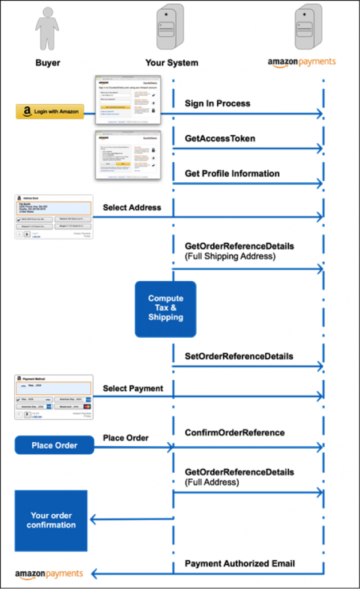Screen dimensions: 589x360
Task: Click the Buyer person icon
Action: (47, 29)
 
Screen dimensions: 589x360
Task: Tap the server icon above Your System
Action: (170, 26)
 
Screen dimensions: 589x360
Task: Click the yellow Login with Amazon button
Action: (50, 112)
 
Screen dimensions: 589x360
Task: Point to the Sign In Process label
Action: (217, 104)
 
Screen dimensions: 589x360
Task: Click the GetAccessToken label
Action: (220, 139)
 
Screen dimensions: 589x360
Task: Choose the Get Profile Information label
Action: (232, 173)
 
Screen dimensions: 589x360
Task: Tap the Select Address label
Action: (132, 207)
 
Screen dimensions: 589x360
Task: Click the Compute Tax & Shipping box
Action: (166, 308)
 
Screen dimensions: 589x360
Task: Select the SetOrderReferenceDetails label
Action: (239, 356)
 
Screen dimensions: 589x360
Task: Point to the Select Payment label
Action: (133, 388)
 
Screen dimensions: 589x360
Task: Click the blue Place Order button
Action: (55, 445)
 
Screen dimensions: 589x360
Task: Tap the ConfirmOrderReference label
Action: (234, 432)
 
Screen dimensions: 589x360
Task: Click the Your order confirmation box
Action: (51, 520)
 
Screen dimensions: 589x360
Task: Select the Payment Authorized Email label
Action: (239, 564)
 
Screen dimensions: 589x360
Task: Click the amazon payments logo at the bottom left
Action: (49, 573)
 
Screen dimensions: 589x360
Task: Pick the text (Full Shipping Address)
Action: (230, 256)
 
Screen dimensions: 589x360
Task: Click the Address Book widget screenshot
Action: (53, 217)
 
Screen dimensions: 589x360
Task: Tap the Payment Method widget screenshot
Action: (53, 397)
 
